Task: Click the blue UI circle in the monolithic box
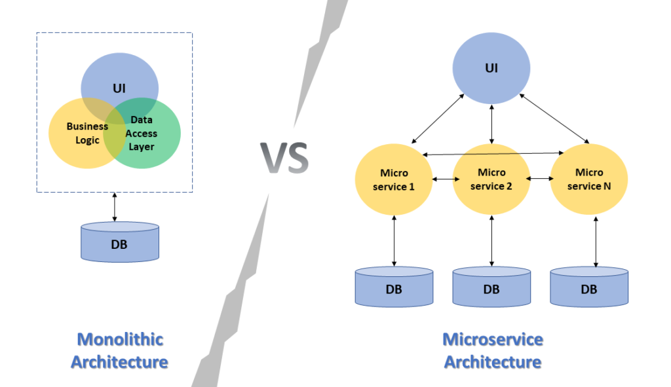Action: coord(119,79)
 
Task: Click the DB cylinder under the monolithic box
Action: coord(120,243)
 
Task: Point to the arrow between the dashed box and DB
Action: coord(115,207)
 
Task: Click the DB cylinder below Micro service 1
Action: coord(394,287)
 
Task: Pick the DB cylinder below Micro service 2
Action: coord(491,287)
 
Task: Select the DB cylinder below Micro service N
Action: coord(589,287)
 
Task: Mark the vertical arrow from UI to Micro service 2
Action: coord(492,122)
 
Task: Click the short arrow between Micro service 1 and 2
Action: coord(442,179)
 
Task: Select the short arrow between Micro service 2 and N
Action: coord(540,179)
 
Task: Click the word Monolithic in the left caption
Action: coord(120,339)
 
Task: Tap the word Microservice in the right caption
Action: coord(493,339)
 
